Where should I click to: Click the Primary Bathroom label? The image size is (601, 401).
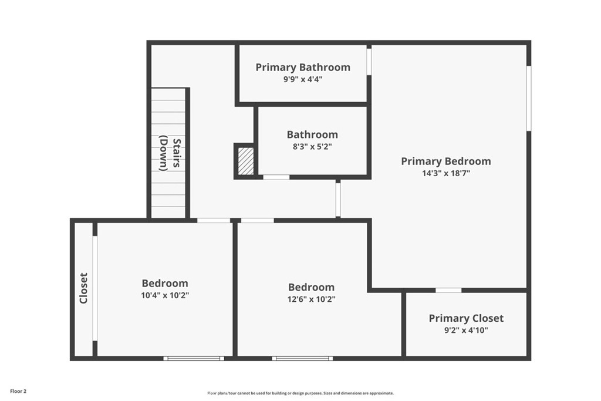click(303, 68)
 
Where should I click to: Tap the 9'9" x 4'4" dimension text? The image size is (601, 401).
click(303, 79)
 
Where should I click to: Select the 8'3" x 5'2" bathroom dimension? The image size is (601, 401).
click(312, 146)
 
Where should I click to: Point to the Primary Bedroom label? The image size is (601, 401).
click(446, 161)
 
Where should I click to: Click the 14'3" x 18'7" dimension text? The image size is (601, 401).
click(446, 173)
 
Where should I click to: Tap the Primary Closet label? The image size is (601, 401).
click(466, 318)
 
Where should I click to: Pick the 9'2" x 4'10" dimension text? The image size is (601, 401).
click(466, 330)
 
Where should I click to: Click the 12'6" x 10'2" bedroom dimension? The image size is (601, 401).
click(311, 299)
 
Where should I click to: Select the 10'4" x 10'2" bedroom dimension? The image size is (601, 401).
click(165, 295)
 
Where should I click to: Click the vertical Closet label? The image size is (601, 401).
click(83, 288)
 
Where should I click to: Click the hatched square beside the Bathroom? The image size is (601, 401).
click(246, 161)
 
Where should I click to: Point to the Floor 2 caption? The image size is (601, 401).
click(18, 392)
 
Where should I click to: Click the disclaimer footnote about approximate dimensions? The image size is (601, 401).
click(300, 393)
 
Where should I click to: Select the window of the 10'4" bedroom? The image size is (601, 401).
click(194, 359)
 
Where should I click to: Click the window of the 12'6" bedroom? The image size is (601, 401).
click(302, 359)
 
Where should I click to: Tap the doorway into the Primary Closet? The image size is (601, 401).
click(448, 290)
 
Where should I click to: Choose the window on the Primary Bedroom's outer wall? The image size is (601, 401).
click(529, 99)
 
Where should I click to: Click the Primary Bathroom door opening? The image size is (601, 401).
click(369, 61)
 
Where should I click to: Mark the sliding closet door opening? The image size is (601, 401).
click(94, 288)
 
